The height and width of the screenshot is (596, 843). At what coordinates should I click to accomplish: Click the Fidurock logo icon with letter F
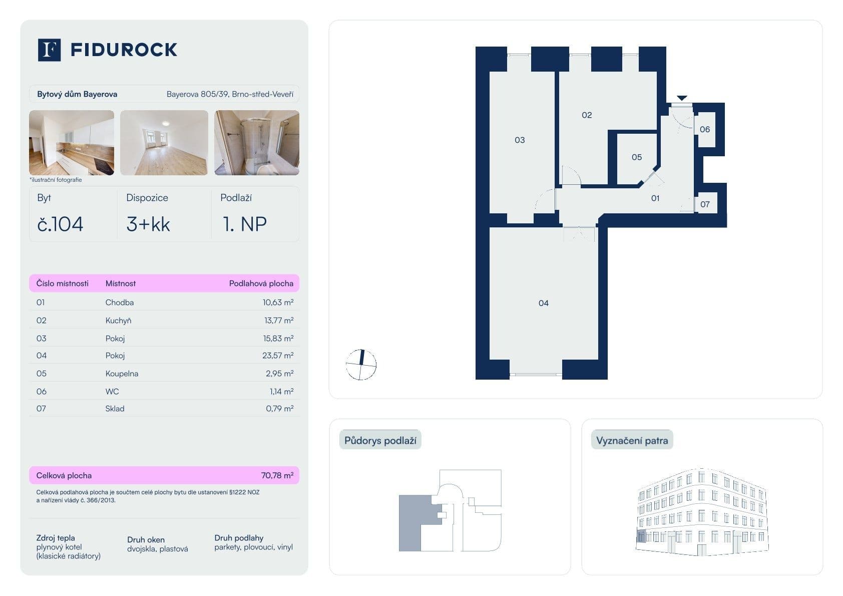49,50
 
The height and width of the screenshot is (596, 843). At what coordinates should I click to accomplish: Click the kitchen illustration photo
72,143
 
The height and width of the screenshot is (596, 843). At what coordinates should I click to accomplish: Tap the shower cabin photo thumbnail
257,143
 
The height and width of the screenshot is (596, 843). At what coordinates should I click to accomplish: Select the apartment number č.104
60,224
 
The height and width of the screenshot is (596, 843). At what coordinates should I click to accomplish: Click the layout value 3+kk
148,224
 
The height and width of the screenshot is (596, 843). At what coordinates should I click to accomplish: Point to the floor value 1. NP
244,224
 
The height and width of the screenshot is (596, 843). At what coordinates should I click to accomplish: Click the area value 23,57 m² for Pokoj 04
278,356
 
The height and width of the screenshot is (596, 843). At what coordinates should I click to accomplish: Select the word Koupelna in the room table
122,374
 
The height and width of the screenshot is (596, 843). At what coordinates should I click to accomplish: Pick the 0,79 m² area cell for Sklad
279,409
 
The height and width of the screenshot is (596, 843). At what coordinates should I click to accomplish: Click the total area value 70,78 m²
277,475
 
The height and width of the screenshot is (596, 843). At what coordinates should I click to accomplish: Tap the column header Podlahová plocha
261,283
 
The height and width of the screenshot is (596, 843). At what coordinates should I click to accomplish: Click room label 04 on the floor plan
543,303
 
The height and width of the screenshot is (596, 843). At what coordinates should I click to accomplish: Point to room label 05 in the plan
636,157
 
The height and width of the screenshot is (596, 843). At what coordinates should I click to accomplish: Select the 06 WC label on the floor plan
704,129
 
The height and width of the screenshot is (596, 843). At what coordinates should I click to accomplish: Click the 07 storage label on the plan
705,204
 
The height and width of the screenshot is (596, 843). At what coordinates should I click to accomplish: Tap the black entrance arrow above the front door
682,98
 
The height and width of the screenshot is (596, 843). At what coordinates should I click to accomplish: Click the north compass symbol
361,364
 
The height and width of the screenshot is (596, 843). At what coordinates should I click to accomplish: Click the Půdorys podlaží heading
380,441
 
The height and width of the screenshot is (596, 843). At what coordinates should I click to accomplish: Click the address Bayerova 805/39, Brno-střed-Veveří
230,94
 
